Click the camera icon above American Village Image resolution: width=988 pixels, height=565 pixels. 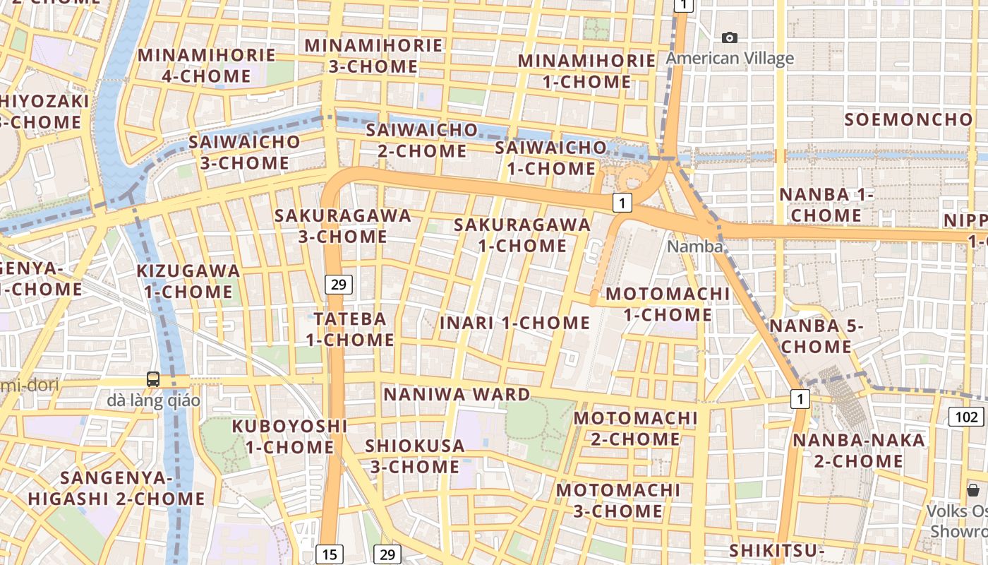pyautogui.click(x=730, y=37)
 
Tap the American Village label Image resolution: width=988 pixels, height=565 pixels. pyautogui.click(x=730, y=58)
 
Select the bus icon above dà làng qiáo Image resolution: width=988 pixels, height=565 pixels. pyautogui.click(x=153, y=379)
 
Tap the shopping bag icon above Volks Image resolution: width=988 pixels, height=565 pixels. pyautogui.click(x=973, y=490)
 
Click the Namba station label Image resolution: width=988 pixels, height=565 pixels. pyautogui.click(x=695, y=246)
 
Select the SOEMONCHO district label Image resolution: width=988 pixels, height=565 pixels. pyautogui.click(x=908, y=119)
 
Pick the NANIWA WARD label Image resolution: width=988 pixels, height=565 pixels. pyautogui.click(x=457, y=394)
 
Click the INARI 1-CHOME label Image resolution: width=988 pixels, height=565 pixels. pyautogui.click(x=514, y=323)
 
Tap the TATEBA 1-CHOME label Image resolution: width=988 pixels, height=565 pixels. pyautogui.click(x=350, y=329)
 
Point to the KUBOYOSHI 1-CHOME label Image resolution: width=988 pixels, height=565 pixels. pyautogui.click(x=290, y=436)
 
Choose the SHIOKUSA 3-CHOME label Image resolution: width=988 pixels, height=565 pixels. pyautogui.click(x=414, y=456)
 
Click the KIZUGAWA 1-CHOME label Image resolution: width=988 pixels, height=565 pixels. pyautogui.click(x=188, y=281)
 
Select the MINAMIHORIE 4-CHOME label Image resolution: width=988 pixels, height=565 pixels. pyautogui.click(x=207, y=65)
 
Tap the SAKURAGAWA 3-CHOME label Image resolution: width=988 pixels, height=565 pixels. pyautogui.click(x=343, y=226)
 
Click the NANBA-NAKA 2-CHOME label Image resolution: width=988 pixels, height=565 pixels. pyautogui.click(x=858, y=451)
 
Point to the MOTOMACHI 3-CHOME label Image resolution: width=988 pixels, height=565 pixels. pyautogui.click(x=618, y=500)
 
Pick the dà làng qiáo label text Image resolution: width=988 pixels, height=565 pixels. pyautogui.click(x=154, y=400)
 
